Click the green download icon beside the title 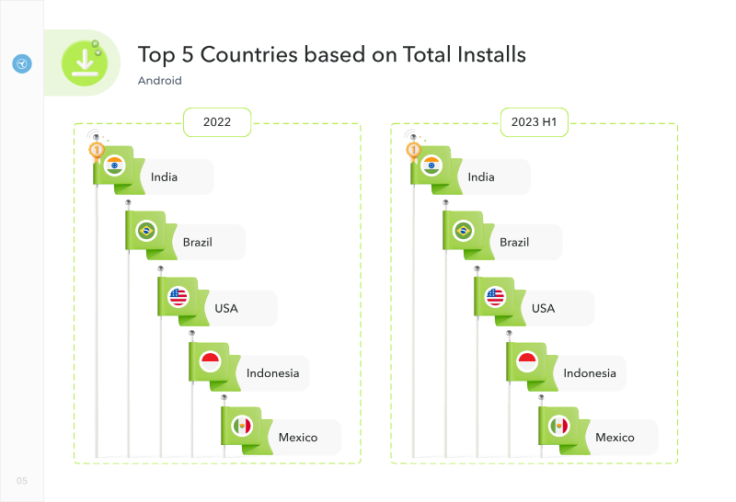click(85, 63)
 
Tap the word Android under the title click(159, 81)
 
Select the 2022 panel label click(217, 122)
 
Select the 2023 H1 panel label click(535, 122)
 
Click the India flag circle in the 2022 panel click(114, 165)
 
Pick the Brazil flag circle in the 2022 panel click(146, 231)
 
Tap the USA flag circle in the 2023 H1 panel click(495, 297)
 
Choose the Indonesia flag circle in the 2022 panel click(211, 361)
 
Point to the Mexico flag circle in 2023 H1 click(559, 426)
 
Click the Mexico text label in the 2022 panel click(298, 438)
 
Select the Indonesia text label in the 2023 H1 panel click(590, 373)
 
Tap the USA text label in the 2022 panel click(226, 308)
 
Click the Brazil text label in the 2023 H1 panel click(514, 242)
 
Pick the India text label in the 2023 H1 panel click(481, 177)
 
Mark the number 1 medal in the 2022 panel click(97, 150)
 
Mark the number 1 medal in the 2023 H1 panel click(413, 150)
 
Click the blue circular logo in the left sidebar click(22, 63)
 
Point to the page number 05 click(22, 481)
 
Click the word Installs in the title click(492, 54)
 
